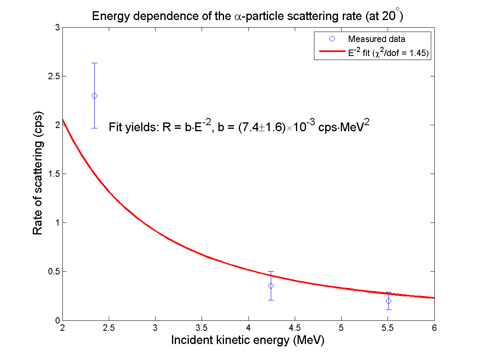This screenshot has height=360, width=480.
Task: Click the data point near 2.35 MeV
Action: (94, 96)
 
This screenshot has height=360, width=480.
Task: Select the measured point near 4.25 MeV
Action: (271, 286)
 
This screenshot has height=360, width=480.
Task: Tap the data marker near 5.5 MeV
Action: (388, 301)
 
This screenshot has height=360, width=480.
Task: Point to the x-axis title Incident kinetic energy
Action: (247, 340)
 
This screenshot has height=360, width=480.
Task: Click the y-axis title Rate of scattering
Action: (38, 173)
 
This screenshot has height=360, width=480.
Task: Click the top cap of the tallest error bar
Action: (94, 63)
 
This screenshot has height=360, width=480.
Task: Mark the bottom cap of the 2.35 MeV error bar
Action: (94, 128)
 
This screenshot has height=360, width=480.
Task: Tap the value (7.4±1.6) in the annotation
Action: (261, 127)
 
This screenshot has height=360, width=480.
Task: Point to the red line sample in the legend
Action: (332, 52)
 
